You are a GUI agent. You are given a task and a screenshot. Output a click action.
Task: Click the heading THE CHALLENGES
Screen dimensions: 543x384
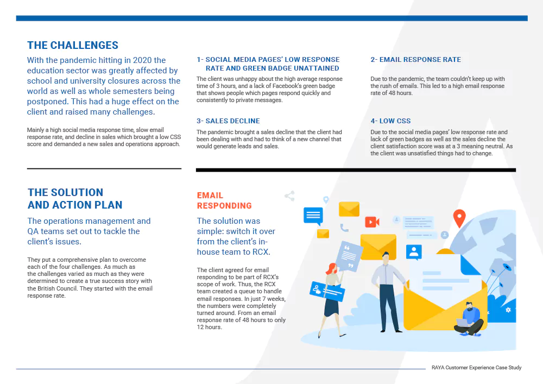point(73,46)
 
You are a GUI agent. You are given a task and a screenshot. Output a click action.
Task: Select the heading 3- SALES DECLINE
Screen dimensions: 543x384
point(228,121)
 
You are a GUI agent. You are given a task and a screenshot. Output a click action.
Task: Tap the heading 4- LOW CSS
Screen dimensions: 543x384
point(390,121)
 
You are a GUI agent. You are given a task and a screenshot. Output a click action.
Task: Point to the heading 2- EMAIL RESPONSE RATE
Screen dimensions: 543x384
point(415,60)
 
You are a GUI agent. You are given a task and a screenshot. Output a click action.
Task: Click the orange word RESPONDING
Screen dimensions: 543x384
point(224,206)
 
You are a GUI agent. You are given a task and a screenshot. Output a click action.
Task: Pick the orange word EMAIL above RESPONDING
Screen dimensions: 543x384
point(210,196)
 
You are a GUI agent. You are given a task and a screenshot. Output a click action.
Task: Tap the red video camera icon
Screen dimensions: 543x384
point(372,222)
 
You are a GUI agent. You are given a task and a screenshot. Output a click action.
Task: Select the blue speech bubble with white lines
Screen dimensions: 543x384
point(313,216)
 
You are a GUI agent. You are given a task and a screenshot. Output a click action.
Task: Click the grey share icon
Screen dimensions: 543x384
point(289,196)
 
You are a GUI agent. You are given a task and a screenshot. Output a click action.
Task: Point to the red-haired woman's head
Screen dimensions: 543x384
point(331,268)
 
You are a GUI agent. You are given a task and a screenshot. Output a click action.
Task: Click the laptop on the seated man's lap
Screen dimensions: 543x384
point(462,323)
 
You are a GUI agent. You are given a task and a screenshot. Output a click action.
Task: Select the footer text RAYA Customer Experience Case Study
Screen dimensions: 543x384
point(477,367)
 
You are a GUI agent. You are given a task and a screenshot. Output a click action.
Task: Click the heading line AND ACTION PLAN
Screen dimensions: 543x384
point(75,205)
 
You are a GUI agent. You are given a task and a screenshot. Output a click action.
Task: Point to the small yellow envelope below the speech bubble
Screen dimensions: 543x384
point(323,234)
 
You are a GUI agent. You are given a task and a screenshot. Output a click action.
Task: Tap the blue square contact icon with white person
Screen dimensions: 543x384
point(414,252)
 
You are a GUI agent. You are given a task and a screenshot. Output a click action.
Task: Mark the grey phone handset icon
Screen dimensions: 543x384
point(344,228)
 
